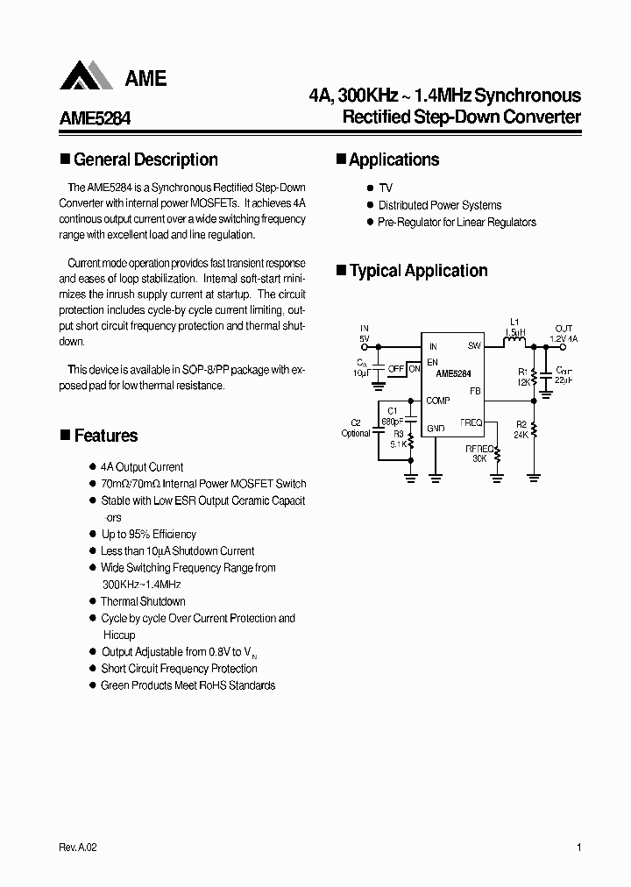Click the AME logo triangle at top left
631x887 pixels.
[85, 76]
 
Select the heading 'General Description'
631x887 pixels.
[145, 160]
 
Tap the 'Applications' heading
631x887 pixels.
[393, 160]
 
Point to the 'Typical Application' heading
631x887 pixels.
[418, 272]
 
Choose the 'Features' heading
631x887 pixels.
[105, 436]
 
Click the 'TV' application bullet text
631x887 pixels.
[386, 188]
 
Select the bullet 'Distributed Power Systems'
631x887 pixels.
[440, 205]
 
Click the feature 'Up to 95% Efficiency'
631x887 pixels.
[149, 534]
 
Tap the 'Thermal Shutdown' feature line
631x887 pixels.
[143, 601]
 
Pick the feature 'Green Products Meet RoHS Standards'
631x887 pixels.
[188, 685]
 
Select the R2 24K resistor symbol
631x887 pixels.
[534, 430]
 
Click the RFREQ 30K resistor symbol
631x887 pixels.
[498, 455]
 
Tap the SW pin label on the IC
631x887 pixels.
[474, 346]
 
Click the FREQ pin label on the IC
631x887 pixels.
[471, 422]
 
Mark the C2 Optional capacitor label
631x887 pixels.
[356, 428]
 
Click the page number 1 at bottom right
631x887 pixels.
[580, 848]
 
